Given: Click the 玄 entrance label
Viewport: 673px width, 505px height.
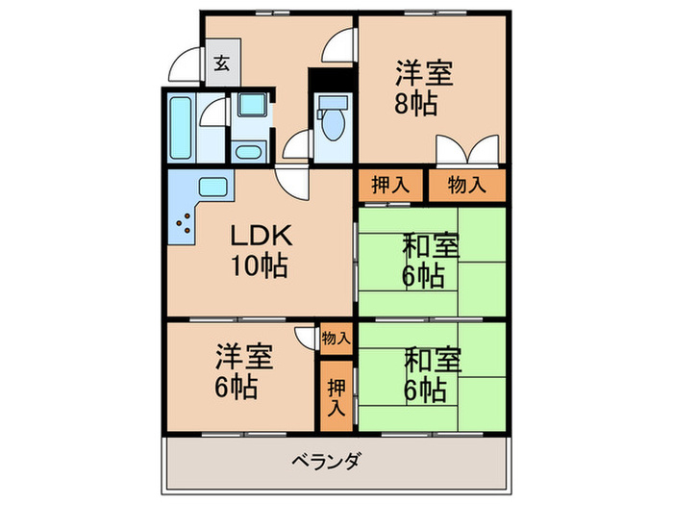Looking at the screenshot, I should [220, 64].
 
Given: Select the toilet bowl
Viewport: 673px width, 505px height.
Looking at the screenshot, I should [334, 123].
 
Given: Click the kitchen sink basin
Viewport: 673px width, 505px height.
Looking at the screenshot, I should [212, 187].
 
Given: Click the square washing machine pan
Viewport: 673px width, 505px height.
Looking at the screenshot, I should [252, 107].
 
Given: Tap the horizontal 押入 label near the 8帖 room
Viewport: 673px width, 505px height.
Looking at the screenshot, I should [390, 185].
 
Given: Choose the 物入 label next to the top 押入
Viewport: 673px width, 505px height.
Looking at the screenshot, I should [466, 185].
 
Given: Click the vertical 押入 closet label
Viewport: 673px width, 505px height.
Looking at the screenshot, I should [336, 395].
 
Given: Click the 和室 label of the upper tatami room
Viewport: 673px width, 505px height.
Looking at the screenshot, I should [430, 246].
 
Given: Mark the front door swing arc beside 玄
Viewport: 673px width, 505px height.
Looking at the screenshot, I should [183, 65].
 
